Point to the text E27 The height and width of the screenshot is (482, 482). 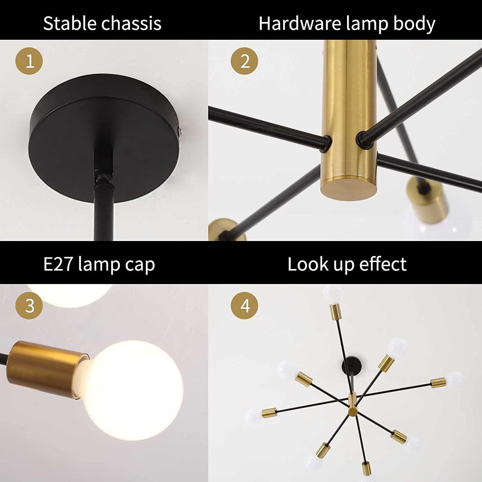tap(58, 264)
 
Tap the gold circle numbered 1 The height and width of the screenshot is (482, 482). tap(29, 61)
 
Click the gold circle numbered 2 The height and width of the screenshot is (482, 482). tap(245, 61)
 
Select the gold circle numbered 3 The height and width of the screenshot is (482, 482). tap(29, 305)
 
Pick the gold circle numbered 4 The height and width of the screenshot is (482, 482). tap(245, 305)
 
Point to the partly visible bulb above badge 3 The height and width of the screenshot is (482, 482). tap(69, 294)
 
